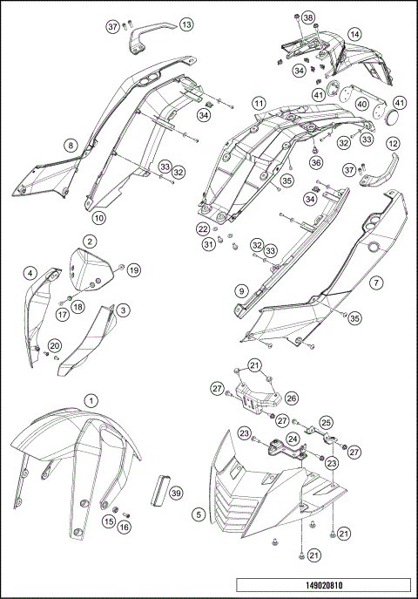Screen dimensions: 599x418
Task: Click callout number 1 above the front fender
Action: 91,400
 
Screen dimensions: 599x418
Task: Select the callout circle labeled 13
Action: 185,25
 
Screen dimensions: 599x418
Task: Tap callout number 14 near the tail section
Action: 354,34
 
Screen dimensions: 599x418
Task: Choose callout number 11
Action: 259,103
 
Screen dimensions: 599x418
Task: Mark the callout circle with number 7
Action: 376,283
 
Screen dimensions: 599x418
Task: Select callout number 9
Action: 239,289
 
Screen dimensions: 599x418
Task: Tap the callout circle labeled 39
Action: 177,493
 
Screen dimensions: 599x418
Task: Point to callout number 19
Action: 133,271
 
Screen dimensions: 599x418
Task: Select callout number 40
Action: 360,103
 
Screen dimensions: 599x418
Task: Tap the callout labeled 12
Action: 393,143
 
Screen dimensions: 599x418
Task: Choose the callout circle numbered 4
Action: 30,274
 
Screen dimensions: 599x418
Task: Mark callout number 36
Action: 315,162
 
